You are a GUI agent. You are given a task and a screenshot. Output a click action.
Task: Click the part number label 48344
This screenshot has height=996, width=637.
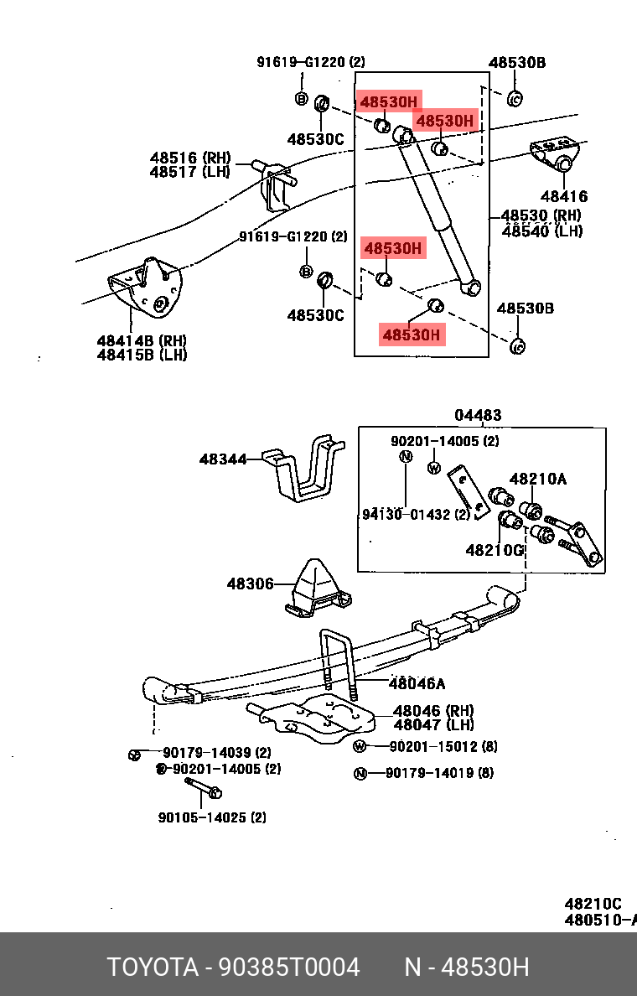point(223,459)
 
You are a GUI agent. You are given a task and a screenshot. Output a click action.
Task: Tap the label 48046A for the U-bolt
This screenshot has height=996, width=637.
point(417,683)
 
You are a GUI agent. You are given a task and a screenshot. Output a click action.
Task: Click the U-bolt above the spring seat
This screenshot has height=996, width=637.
point(337,662)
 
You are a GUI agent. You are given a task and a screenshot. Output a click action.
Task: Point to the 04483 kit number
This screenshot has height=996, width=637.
point(478,415)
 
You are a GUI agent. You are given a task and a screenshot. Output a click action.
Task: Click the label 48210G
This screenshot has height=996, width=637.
point(494,550)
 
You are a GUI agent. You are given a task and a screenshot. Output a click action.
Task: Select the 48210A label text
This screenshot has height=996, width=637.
point(537,479)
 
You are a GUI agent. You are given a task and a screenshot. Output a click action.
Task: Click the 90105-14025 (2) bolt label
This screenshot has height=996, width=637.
point(212,817)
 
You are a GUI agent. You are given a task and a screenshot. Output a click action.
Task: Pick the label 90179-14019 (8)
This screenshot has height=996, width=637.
point(439,773)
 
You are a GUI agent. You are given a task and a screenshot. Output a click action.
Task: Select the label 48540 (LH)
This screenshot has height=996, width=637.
point(541,231)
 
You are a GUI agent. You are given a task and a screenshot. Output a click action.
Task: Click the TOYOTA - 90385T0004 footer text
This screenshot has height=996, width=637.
point(233,967)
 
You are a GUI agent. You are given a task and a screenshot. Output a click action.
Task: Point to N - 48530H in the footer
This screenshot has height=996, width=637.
point(467,967)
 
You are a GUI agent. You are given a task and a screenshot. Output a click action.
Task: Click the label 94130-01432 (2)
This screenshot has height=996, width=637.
point(416,515)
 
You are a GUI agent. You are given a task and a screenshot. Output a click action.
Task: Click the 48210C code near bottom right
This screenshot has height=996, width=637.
point(593,904)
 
